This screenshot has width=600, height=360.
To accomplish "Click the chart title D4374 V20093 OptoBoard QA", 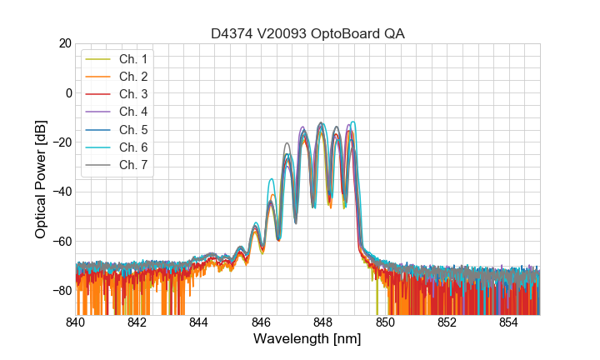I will coord(307,33).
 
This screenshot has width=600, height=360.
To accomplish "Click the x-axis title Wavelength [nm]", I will coord(307,340).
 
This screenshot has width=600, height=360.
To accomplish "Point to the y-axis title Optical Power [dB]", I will coord(40,178).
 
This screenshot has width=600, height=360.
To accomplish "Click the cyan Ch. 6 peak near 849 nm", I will coord(354,122).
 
